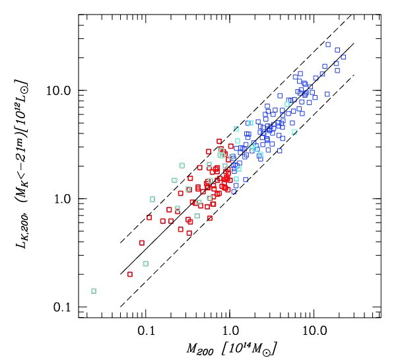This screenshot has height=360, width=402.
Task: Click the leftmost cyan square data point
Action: click(94, 291)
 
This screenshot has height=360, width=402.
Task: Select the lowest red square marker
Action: click(130, 273)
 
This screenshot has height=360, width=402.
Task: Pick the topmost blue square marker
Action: click(328, 44)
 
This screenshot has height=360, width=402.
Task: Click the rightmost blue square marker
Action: click(343, 57)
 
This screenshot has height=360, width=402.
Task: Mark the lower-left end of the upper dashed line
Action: click(120, 242)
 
